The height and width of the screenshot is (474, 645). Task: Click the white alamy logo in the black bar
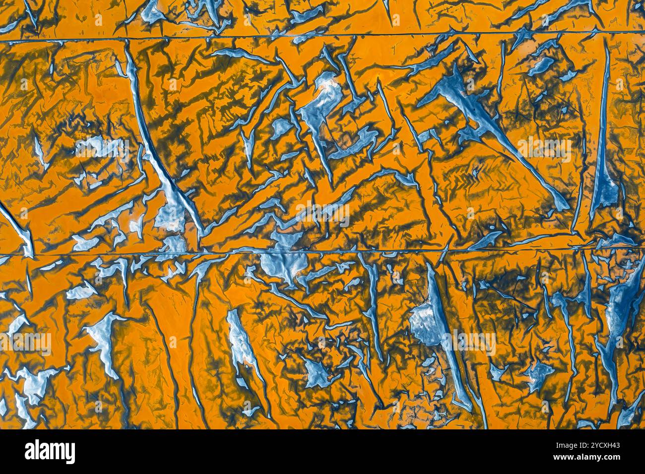pos(50,452)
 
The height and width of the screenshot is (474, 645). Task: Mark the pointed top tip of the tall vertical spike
pos(606,42)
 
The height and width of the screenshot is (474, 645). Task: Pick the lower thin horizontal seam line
pos(322,252)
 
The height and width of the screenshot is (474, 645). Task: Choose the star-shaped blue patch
pos(538,374)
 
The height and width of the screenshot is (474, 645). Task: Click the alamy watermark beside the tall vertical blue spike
pos(545,149)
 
